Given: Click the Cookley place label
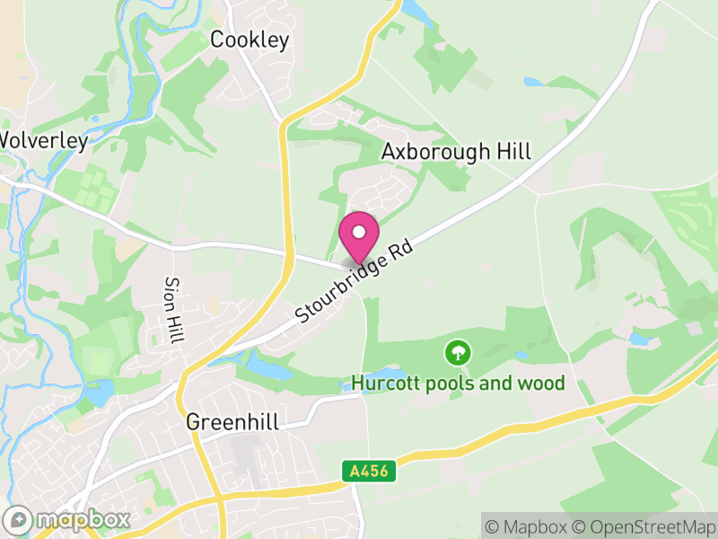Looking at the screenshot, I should pos(250,40).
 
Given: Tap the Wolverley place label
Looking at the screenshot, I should pos(43,141).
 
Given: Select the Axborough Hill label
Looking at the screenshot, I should pos(456,151).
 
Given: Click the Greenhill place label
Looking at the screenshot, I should pos(232,422).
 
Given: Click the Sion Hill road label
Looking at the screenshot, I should pos(172,310).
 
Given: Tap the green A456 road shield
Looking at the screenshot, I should pos(369,470).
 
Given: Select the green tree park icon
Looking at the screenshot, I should pos(459,351).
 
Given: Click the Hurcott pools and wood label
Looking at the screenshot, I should pos(459,384).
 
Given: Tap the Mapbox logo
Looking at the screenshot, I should pos(67,519).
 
